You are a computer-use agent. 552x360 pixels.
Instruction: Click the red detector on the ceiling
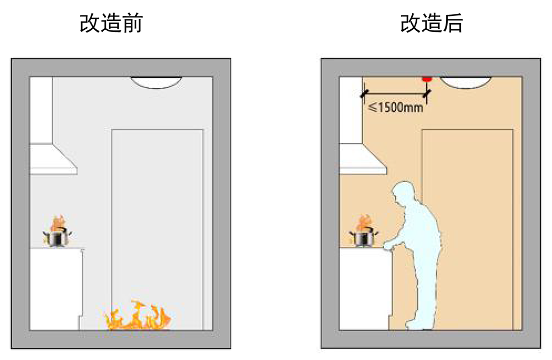[426, 79]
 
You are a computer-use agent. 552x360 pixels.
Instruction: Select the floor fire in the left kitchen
[138, 317]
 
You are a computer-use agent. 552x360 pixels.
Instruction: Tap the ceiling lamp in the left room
[157, 82]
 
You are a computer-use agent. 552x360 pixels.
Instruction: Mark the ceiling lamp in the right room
[466, 82]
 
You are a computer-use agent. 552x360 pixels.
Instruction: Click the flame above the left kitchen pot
[57, 223]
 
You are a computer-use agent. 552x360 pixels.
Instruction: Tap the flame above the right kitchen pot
[363, 223]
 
